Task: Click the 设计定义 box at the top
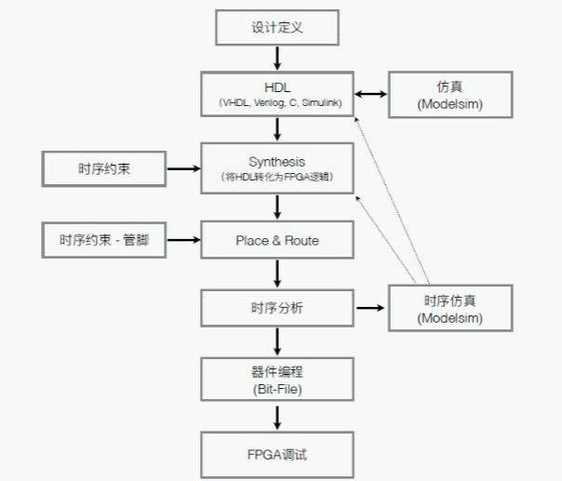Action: point(277,28)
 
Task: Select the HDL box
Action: point(277,93)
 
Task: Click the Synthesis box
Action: point(277,167)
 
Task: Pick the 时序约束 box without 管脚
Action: point(103,168)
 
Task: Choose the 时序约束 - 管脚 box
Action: point(103,240)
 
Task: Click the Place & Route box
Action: point(277,240)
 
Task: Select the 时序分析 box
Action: point(277,308)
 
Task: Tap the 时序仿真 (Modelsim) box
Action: point(449,308)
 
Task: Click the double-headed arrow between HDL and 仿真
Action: point(372,93)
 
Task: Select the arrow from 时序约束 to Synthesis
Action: point(182,168)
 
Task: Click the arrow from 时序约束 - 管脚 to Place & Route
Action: point(182,240)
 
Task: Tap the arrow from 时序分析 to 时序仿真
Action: point(371,308)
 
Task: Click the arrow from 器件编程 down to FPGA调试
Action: point(277,415)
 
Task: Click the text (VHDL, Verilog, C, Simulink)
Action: point(277,102)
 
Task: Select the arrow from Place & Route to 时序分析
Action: point(277,274)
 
